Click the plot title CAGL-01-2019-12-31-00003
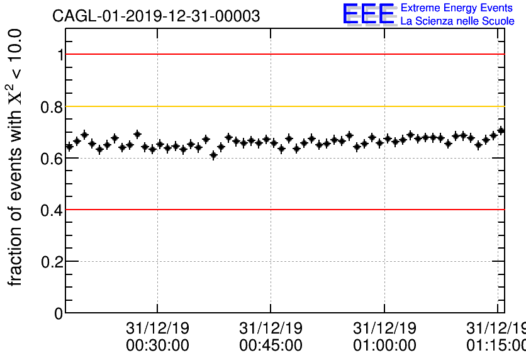(156, 16)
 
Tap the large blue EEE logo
(369, 14)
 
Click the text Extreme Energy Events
(457, 8)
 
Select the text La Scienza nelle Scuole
(457, 21)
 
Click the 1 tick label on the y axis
(60, 55)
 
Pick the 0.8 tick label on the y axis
(52, 107)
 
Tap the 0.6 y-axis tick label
(52, 159)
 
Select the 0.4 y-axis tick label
(52, 210)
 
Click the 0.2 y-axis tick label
(52, 262)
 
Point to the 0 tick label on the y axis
(59, 313)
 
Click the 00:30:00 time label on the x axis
(157, 346)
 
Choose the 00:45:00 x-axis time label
(271, 346)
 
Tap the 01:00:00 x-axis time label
(384, 346)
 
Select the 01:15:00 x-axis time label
(496, 346)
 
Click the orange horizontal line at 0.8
(283, 106)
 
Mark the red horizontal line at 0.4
(283, 210)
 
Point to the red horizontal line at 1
(283, 54)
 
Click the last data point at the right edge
(501, 131)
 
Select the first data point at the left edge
(69, 147)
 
